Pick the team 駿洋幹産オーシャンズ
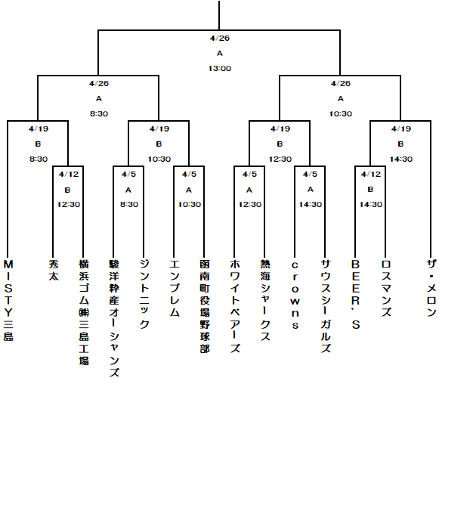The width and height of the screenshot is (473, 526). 114,318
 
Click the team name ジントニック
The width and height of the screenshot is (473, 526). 144,294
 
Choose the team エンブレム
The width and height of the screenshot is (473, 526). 175,288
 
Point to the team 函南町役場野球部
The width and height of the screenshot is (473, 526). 205,306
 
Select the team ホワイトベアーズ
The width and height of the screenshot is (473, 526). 235,306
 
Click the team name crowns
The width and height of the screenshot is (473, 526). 295,295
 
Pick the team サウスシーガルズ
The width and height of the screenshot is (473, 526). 326,306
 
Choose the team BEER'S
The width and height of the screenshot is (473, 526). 356,295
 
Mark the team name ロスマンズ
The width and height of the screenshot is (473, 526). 386,288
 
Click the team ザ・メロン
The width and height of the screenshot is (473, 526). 431,288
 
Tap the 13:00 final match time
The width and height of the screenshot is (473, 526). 220,69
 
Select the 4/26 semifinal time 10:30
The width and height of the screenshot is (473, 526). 341,114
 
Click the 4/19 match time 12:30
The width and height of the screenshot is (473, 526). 280,159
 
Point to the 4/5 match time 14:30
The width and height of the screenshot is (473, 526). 311,204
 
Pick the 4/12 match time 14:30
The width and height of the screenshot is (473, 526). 371,204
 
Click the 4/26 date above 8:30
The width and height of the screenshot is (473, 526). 99,83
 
